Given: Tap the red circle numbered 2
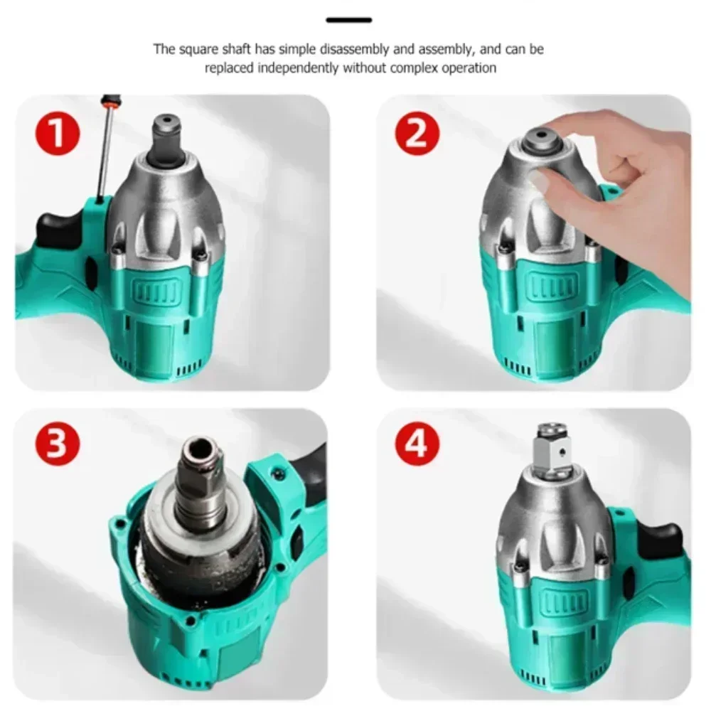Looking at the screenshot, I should tap(419, 134).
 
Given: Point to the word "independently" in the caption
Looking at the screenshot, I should tap(301, 68).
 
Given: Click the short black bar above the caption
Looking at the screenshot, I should tap(348, 20).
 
